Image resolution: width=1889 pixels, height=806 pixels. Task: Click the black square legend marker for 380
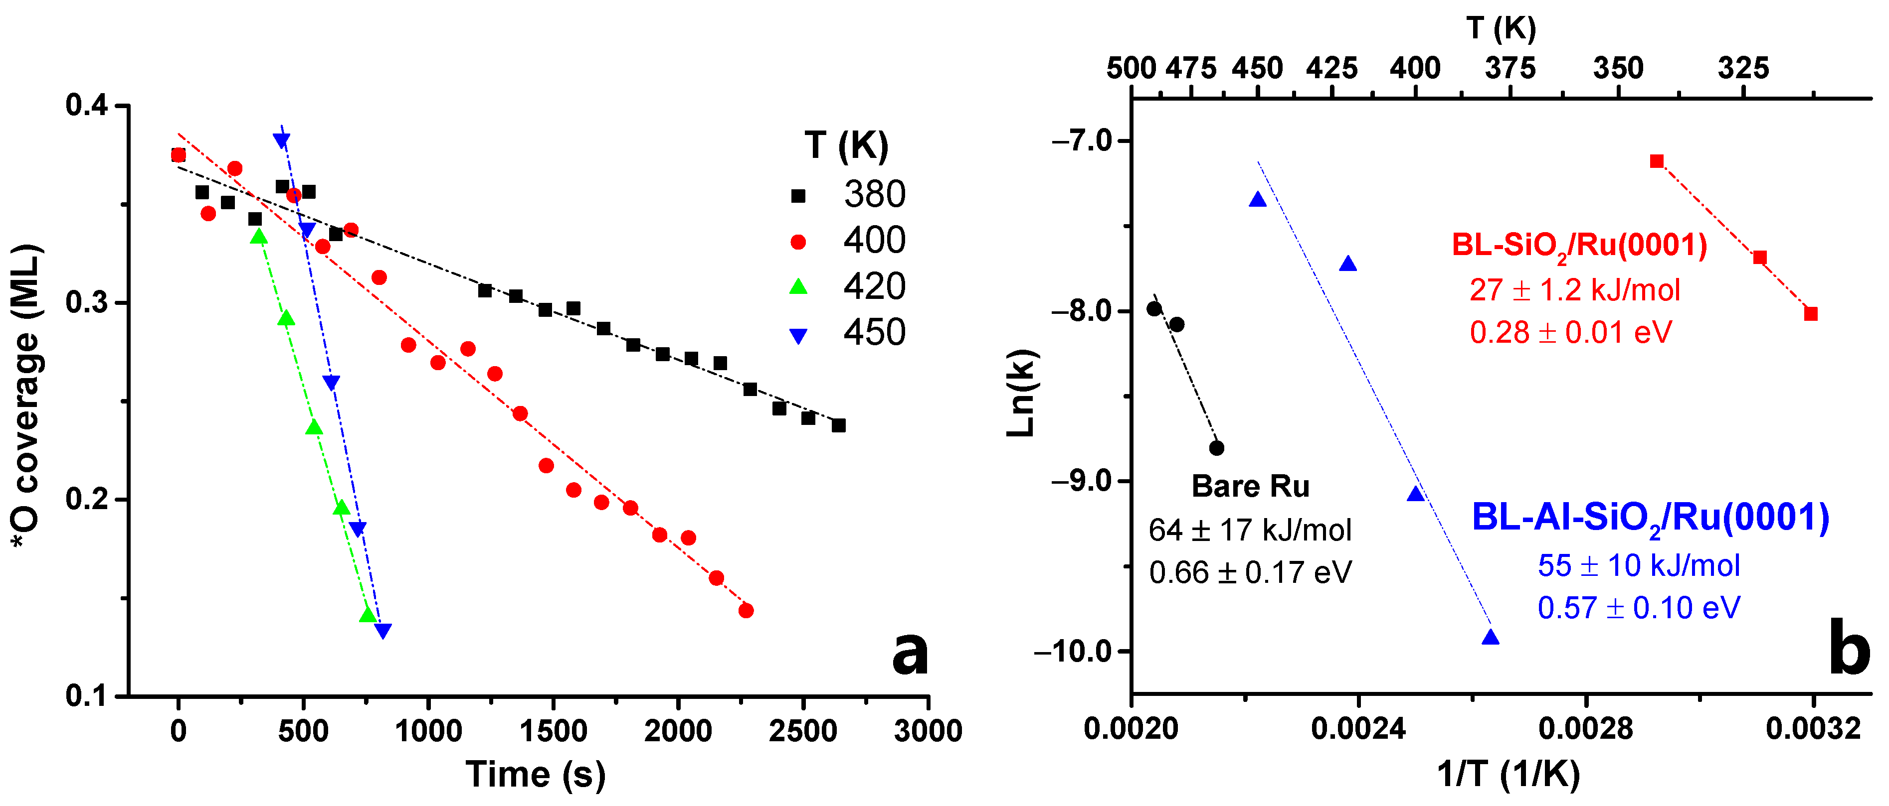(x=798, y=196)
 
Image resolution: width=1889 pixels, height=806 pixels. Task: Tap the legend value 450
(x=874, y=332)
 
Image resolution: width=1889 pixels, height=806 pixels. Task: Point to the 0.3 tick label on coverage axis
(x=87, y=302)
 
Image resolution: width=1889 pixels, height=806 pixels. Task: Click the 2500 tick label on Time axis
(x=803, y=731)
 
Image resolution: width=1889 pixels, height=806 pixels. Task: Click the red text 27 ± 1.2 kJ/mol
(x=1574, y=290)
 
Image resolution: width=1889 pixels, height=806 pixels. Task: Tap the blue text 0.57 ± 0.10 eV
(x=1638, y=607)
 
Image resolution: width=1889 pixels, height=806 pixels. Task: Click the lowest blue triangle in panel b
(x=1490, y=637)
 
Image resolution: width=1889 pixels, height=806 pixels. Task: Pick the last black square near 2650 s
(x=839, y=425)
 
